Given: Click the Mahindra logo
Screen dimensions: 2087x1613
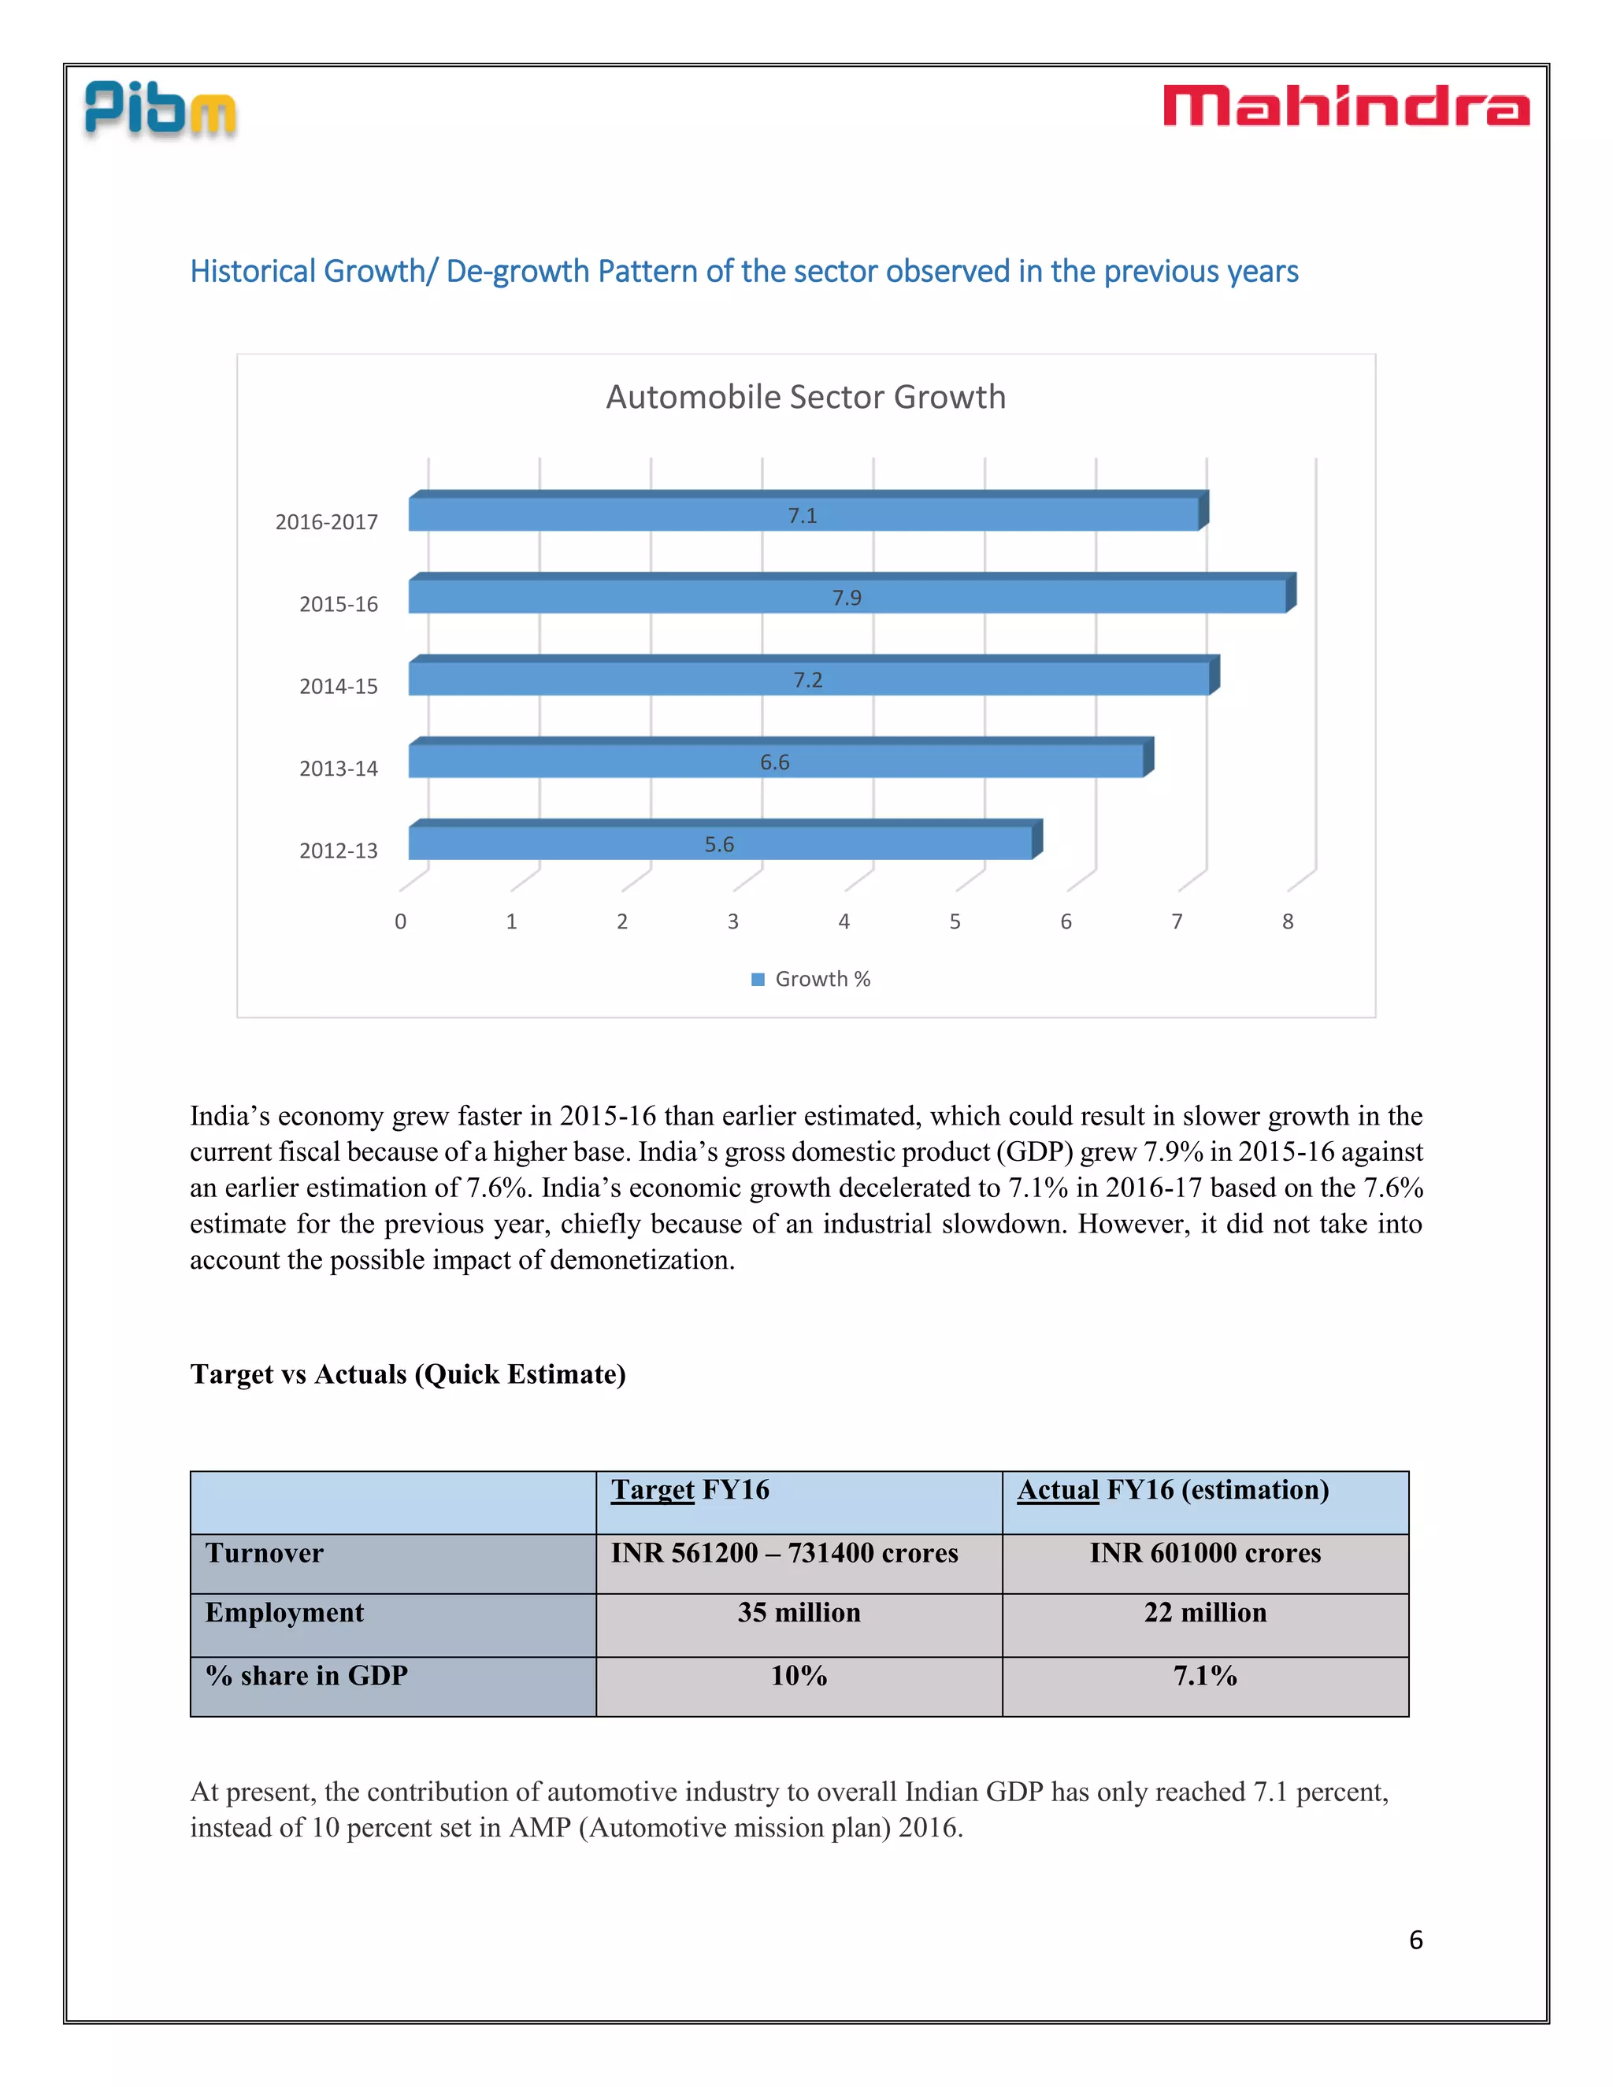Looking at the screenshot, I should [1345, 106].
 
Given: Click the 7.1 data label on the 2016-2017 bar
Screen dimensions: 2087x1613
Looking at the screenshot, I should [802, 516].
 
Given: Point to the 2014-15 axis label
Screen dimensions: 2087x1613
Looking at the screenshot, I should [338, 686].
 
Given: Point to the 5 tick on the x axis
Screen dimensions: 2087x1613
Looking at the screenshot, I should [955, 921].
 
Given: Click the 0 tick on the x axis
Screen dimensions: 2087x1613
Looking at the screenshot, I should [400, 921].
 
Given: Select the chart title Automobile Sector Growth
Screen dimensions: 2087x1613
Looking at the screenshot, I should [806, 397].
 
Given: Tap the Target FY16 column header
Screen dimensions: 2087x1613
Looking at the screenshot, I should [690, 1490].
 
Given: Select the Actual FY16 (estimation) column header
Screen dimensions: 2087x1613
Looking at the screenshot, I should [1173, 1490].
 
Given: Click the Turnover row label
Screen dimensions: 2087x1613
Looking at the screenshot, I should [265, 1554].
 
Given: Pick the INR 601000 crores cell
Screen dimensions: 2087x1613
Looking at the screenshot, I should [1205, 1554].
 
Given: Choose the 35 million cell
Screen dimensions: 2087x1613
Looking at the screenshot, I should [799, 1613].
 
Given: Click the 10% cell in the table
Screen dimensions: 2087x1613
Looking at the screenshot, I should [799, 1676].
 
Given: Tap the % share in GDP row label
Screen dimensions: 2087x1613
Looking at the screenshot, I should [306, 1676].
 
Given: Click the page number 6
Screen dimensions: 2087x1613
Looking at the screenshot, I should [1415, 1940].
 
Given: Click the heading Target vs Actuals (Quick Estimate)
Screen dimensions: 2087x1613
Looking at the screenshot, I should [408, 1374].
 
